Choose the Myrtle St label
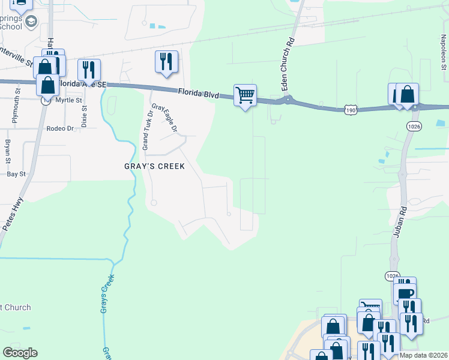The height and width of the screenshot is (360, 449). [67, 100]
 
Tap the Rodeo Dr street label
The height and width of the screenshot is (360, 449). [59, 128]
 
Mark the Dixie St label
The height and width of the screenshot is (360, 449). [83, 115]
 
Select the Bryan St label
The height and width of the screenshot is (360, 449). [8, 151]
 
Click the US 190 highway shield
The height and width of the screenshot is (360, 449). [352, 109]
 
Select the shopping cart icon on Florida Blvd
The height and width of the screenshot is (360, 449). [245, 95]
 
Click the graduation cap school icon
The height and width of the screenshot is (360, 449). [32, 22]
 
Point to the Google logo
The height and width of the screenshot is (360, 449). [20, 353]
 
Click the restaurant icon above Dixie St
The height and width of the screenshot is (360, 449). [89, 69]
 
